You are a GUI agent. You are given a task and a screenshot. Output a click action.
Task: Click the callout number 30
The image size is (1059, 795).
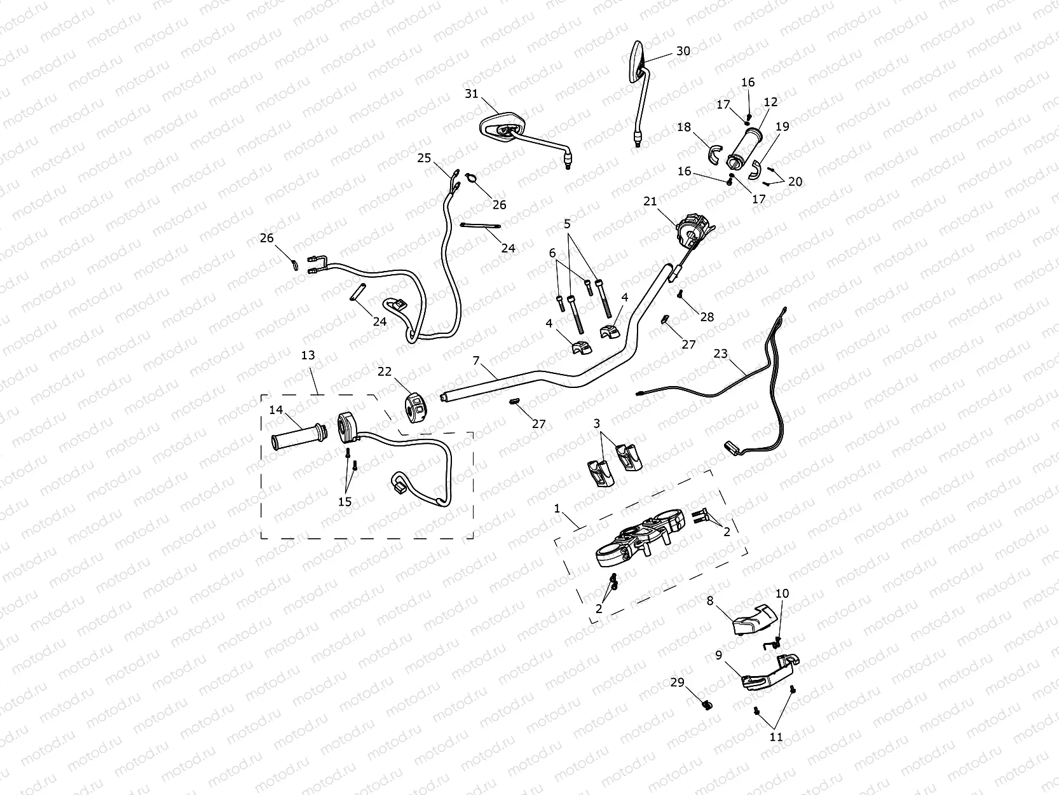coord(683,51)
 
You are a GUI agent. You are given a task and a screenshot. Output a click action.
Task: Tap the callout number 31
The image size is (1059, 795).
coord(471,94)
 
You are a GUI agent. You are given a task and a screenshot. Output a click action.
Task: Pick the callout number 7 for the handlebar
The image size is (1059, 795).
coord(476,361)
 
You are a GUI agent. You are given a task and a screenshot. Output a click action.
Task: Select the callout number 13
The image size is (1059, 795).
coord(308,356)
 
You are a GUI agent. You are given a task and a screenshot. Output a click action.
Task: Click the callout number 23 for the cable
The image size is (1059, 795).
coord(720,354)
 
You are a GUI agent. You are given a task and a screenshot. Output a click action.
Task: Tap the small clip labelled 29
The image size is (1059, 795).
coord(706,705)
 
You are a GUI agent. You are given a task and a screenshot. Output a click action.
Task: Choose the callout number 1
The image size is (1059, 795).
coord(557,509)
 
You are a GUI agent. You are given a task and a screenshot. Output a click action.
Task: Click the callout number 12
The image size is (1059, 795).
coord(770,102)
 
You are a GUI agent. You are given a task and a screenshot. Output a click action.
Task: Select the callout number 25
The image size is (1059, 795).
coord(424,158)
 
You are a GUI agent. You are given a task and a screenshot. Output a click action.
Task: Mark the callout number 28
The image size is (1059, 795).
coord(707,317)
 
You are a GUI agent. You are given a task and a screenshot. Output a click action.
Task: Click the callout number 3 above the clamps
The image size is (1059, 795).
coord(596,423)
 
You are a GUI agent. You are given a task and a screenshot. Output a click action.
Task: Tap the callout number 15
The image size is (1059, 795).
coord(345,502)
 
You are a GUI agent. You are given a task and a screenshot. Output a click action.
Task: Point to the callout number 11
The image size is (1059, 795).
coord(776,737)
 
